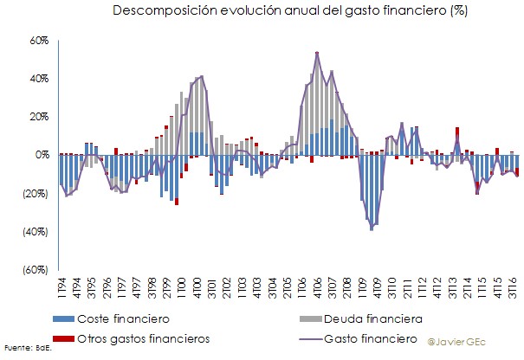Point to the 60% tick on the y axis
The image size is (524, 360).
[37, 40]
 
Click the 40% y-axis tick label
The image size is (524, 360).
[37, 78]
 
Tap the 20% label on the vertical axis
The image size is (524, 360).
[37, 116]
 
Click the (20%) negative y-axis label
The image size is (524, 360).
[35, 193]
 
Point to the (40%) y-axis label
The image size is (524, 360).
[35, 231]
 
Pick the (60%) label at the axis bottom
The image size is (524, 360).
[35, 269]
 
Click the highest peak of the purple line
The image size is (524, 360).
[317, 54]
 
